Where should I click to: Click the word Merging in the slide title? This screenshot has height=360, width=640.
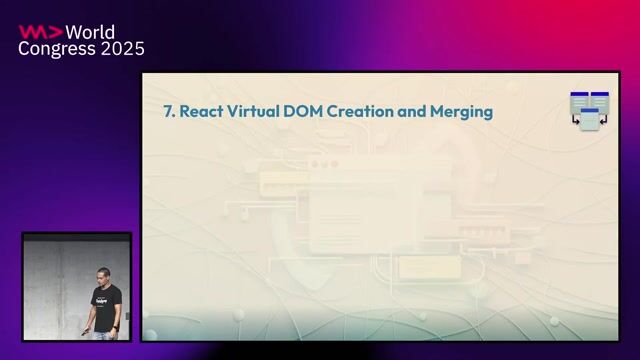point(462,113)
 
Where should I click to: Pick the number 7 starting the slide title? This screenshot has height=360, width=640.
point(168,112)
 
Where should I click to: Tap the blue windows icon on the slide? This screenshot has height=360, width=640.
point(590,110)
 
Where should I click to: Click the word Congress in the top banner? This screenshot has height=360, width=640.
point(56,49)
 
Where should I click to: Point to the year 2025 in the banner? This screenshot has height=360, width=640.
point(122,49)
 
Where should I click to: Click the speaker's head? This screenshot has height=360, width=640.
point(104,274)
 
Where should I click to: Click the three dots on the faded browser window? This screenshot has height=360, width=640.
point(319,164)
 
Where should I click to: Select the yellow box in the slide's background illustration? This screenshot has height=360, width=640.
point(414,267)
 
